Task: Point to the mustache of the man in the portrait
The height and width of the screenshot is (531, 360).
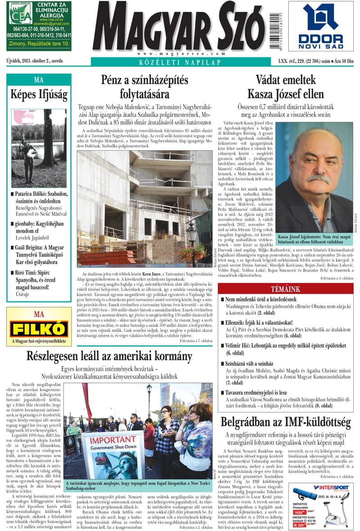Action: click(316, 177)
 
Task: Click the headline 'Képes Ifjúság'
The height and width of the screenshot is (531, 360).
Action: click(39, 95)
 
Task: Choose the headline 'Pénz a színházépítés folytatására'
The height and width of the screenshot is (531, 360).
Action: click(144, 87)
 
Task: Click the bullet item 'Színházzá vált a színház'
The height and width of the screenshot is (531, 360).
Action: click(249, 363)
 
